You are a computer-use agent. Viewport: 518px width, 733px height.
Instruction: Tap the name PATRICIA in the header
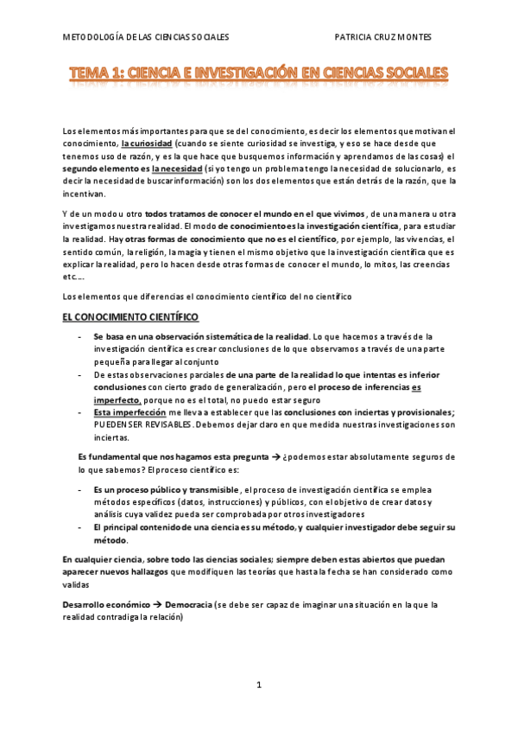(x=360, y=37)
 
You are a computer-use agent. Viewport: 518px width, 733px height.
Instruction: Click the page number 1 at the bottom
(x=259, y=685)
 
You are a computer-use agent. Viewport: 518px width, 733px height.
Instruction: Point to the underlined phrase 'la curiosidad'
(x=147, y=143)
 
